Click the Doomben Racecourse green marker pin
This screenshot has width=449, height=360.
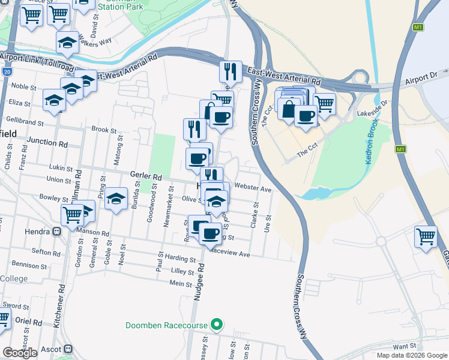pyautogui.click(x=217, y=325)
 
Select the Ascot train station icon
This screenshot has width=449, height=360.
pyautogui.click(x=68, y=349)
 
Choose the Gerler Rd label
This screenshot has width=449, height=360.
pyautogui.click(x=146, y=177)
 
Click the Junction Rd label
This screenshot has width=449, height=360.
pyautogui.click(x=47, y=143)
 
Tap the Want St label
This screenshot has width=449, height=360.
pyautogui.click(x=405, y=346)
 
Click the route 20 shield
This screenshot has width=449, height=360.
pyautogui.click(x=7, y=71)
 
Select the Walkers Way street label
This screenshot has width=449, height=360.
pyautogui.click(x=97, y=41)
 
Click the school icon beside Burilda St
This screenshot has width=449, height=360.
pyautogui.click(x=116, y=199)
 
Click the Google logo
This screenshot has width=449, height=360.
pyautogui.click(x=20, y=353)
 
